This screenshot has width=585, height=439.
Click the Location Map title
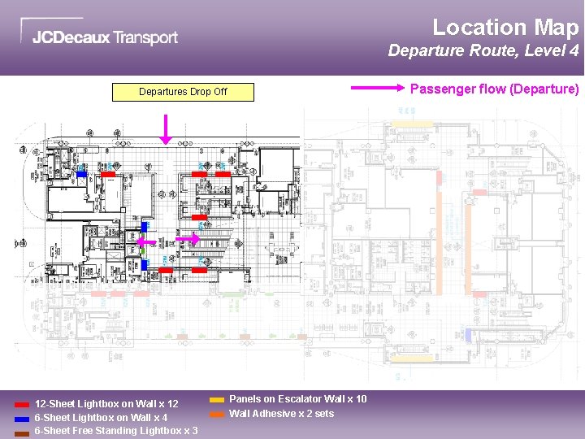[505, 28]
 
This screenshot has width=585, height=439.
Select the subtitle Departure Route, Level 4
[483, 51]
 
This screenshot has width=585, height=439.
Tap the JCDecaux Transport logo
[104, 37]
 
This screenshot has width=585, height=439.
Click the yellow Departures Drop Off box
[183, 92]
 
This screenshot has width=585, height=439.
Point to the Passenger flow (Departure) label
[494, 89]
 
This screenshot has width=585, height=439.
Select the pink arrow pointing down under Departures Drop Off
[166, 129]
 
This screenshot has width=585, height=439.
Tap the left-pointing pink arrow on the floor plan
[145, 241]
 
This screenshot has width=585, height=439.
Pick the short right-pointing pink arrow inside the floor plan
[188, 239]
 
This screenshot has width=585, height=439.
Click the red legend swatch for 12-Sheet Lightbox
[22, 404]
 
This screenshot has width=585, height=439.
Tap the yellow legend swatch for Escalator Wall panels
[217, 400]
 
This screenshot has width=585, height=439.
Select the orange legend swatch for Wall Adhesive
[217, 414]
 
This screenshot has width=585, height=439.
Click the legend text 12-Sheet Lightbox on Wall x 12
[106, 404]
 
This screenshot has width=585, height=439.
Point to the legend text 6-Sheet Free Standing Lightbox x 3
[116, 431]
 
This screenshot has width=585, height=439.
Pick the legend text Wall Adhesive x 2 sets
[282, 414]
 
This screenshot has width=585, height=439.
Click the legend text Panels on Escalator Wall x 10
[298, 399]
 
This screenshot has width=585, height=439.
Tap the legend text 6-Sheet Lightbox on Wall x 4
[101, 418]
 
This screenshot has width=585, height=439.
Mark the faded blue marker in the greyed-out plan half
[468, 333]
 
